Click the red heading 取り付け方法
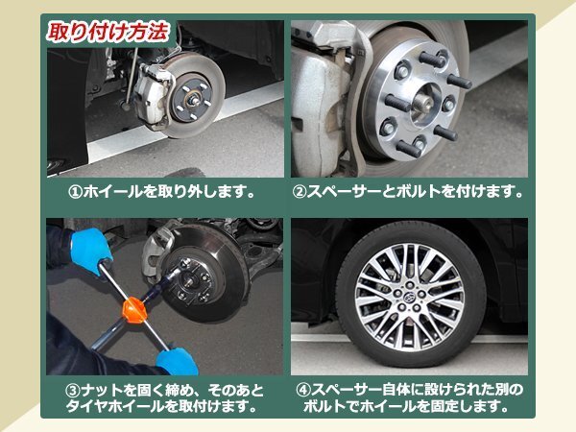[108, 32]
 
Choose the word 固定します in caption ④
[471, 406]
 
